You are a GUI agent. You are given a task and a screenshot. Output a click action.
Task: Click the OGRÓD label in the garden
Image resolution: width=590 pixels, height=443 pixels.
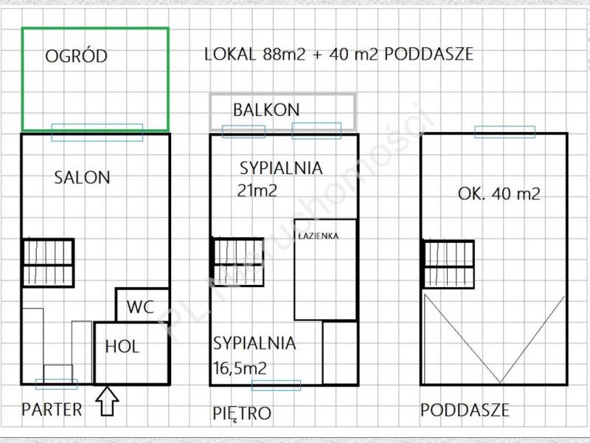point(77,56)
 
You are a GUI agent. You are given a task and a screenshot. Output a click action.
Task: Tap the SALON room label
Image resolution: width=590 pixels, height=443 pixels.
point(82,177)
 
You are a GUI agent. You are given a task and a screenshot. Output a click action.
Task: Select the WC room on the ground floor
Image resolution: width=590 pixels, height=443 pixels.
point(142,305)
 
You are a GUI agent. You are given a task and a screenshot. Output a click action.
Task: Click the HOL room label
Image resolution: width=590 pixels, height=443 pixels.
point(122,346)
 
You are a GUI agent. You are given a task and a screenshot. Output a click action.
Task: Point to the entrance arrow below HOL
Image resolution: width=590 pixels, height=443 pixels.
point(107,400)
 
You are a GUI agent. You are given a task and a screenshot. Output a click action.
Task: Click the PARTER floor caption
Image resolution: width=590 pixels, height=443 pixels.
point(52,410)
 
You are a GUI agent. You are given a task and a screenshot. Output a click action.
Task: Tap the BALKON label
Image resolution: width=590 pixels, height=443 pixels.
point(266,110)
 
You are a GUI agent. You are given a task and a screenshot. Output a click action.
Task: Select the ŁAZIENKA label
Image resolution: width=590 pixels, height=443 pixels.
point(318,236)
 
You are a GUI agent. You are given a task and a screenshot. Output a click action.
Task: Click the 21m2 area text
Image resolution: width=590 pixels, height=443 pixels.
point(257,190)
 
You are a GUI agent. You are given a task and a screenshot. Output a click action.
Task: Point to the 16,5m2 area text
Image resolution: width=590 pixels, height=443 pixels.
point(240,368)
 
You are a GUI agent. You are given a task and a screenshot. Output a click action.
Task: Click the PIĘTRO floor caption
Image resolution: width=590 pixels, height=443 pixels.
point(242,413)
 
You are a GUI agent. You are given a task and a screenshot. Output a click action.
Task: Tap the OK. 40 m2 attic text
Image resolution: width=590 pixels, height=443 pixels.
point(499,194)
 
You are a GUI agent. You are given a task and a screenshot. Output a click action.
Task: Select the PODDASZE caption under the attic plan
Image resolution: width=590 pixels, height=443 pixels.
point(465,410)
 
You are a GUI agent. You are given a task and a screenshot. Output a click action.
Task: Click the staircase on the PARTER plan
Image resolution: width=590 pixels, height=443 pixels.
point(48,263)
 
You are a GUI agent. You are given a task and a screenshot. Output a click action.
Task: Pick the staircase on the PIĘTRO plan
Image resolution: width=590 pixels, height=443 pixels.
point(238,262)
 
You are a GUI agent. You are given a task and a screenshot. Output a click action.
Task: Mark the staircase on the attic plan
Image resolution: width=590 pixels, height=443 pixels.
point(448,264)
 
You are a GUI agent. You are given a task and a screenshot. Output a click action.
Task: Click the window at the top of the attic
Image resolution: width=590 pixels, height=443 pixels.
point(504,132)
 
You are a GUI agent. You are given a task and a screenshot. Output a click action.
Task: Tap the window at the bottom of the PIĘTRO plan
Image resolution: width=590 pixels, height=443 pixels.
point(276,385)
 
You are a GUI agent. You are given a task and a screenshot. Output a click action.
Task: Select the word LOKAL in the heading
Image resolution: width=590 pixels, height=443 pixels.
point(230,54)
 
